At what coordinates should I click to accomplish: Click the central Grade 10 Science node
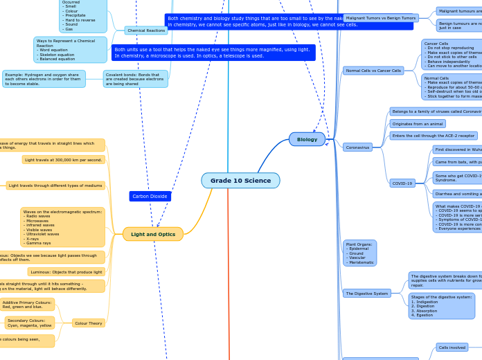240,181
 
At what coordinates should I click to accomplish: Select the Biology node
307,139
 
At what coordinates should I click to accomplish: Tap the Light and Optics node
153,234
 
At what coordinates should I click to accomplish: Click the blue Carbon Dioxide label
150,197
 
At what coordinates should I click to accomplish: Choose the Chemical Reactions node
146,30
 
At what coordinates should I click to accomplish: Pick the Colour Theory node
89,323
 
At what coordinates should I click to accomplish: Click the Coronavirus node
357,147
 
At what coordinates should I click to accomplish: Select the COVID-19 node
402,183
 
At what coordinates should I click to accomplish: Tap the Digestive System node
366,294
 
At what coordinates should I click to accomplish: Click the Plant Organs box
359,253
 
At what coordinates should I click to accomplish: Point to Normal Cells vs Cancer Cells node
373,71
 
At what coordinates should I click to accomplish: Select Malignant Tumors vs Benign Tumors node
381,18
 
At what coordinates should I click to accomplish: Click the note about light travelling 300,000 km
63,160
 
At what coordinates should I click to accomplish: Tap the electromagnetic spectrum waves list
63,227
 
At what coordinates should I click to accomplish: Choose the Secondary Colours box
30,323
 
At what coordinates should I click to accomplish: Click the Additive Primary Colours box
27,305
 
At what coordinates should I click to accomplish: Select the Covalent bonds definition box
134,79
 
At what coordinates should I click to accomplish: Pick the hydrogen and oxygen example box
44,79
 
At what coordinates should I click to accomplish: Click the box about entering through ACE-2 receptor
434,136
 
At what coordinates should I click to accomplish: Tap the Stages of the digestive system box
441,305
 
